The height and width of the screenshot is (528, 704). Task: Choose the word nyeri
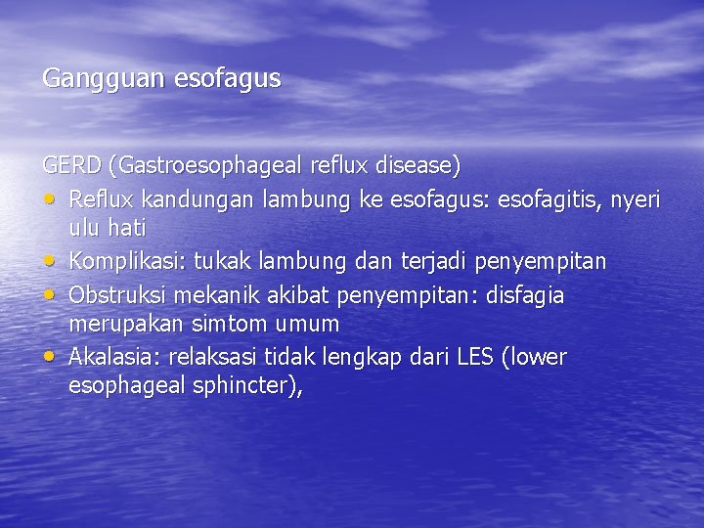tap(636, 200)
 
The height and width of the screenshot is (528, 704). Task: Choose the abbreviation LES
tap(475, 357)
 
